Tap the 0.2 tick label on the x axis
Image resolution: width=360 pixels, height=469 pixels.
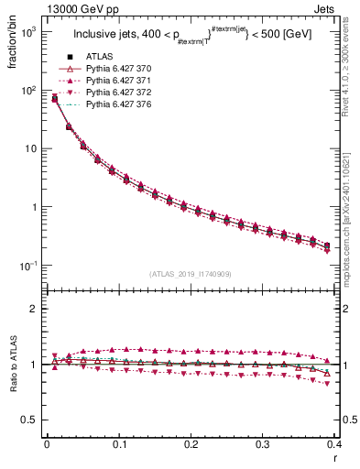pos(191,445)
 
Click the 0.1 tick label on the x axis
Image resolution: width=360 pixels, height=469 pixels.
pos(119,445)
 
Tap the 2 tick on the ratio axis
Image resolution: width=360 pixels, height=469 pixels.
pos(34,310)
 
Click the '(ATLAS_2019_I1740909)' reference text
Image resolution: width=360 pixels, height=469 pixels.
pos(190,274)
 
